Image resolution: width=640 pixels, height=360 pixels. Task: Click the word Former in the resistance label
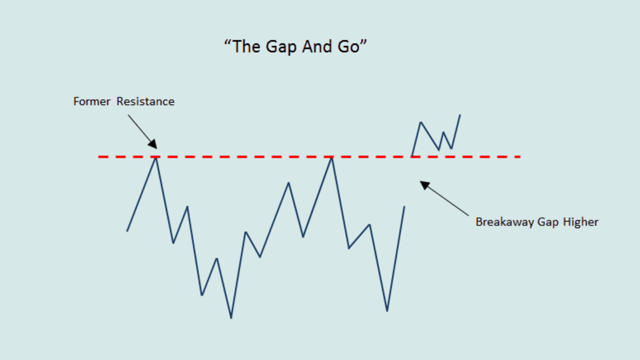click(x=92, y=101)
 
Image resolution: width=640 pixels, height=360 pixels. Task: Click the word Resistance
click(x=145, y=101)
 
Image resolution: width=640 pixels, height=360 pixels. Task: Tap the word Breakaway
click(x=505, y=222)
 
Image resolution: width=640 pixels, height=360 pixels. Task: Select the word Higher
click(x=581, y=222)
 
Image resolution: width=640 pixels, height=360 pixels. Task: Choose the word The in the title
click(x=246, y=46)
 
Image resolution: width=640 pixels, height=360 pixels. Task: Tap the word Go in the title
click(x=349, y=46)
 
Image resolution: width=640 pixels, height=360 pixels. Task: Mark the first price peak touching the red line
click(x=156, y=158)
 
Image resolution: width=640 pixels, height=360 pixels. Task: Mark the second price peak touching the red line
click(x=332, y=158)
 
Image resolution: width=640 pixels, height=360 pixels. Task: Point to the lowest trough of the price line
click(x=231, y=318)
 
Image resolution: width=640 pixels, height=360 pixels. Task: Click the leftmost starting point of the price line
click(x=127, y=231)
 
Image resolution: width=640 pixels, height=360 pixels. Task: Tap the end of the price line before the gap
click(x=404, y=207)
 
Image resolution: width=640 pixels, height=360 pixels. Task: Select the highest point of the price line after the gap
click(x=460, y=115)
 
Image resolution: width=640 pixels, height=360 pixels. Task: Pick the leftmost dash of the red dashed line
click(x=103, y=157)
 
